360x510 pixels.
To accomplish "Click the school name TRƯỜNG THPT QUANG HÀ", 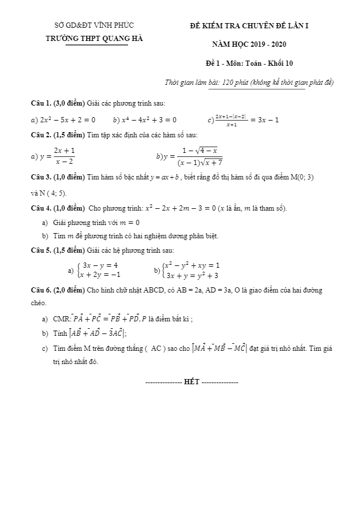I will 95,38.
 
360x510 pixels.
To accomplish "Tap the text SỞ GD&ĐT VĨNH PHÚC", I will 94,25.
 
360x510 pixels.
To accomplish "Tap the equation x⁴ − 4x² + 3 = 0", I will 148,119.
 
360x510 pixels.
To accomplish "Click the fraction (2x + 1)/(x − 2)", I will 64,156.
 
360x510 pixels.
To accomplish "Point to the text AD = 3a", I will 220,291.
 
